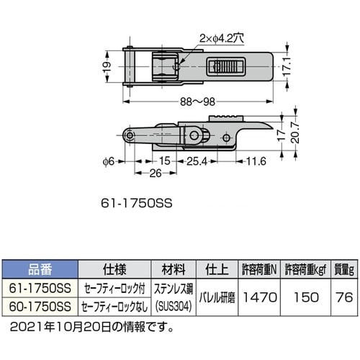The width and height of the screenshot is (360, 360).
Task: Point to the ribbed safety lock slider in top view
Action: coord(224,67)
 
